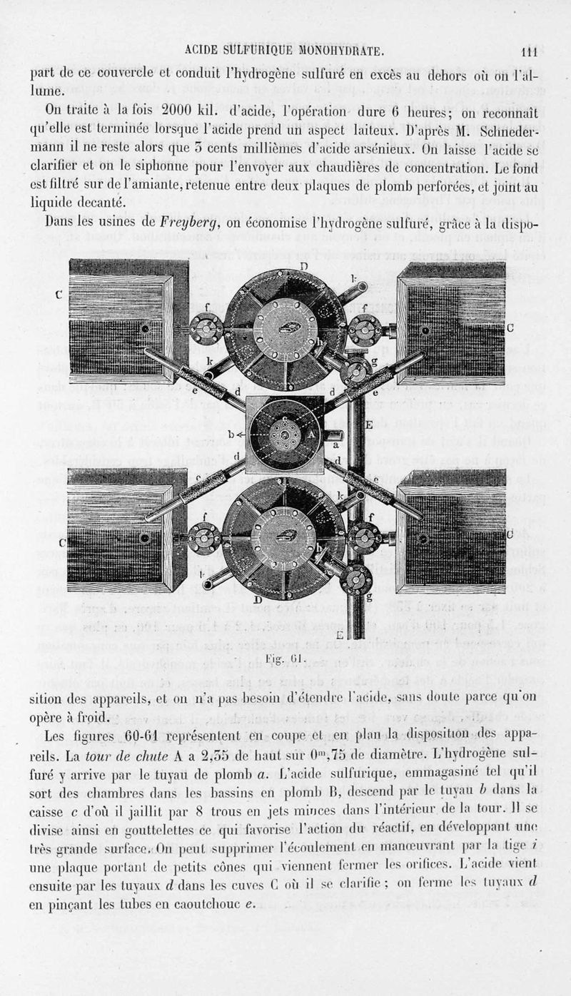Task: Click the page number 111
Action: (529, 51)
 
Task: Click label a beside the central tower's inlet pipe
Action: (335, 444)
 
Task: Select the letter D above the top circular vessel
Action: (304, 267)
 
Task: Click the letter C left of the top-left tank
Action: (59, 294)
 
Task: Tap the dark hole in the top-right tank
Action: (425, 331)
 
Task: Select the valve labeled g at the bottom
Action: (355, 579)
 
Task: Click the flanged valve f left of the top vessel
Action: (206, 329)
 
